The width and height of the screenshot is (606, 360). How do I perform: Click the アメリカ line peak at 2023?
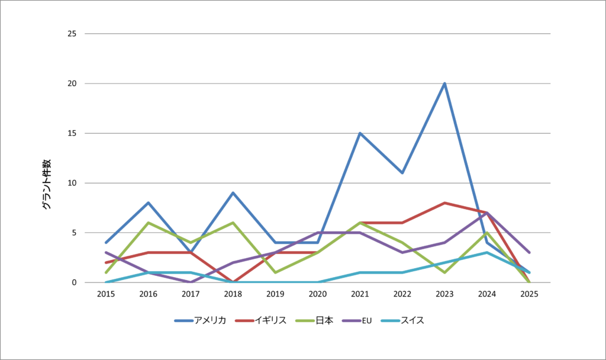[444, 83]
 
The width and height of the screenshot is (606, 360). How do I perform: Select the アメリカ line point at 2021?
[360, 133]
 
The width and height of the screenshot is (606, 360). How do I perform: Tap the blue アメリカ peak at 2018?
[233, 193]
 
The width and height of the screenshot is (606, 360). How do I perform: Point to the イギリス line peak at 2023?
[444, 203]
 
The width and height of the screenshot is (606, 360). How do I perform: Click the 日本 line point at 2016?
[148, 223]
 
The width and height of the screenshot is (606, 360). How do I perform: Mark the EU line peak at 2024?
[487, 213]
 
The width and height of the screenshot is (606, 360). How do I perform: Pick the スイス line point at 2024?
[487, 253]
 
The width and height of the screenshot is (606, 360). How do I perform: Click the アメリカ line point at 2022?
[402, 173]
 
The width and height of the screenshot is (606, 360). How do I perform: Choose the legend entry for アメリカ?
[201, 320]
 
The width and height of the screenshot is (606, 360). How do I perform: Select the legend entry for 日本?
[314, 320]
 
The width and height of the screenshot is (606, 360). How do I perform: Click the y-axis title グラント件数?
[47, 184]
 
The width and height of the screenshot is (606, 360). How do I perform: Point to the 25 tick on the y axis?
[72, 34]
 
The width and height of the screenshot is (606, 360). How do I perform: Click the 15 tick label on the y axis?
[72, 133]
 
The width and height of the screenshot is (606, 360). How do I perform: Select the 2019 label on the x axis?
[275, 294]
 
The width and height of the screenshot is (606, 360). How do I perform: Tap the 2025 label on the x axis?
[529, 294]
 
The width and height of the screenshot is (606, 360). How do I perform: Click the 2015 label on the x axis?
[106, 294]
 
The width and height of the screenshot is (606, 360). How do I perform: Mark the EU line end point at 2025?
[529, 253]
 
